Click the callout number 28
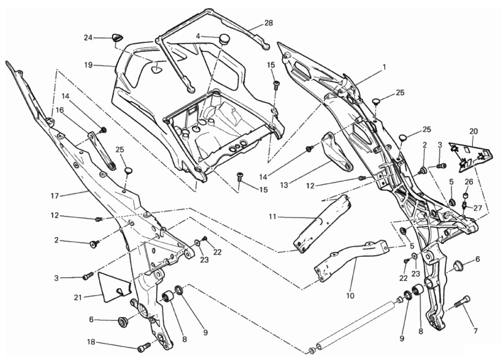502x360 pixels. click(268, 23)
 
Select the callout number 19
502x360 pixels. click(88, 65)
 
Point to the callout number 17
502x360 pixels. click(55, 196)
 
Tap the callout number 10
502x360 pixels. click(350, 296)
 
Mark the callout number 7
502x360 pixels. click(475, 331)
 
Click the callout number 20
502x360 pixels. click(473, 131)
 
